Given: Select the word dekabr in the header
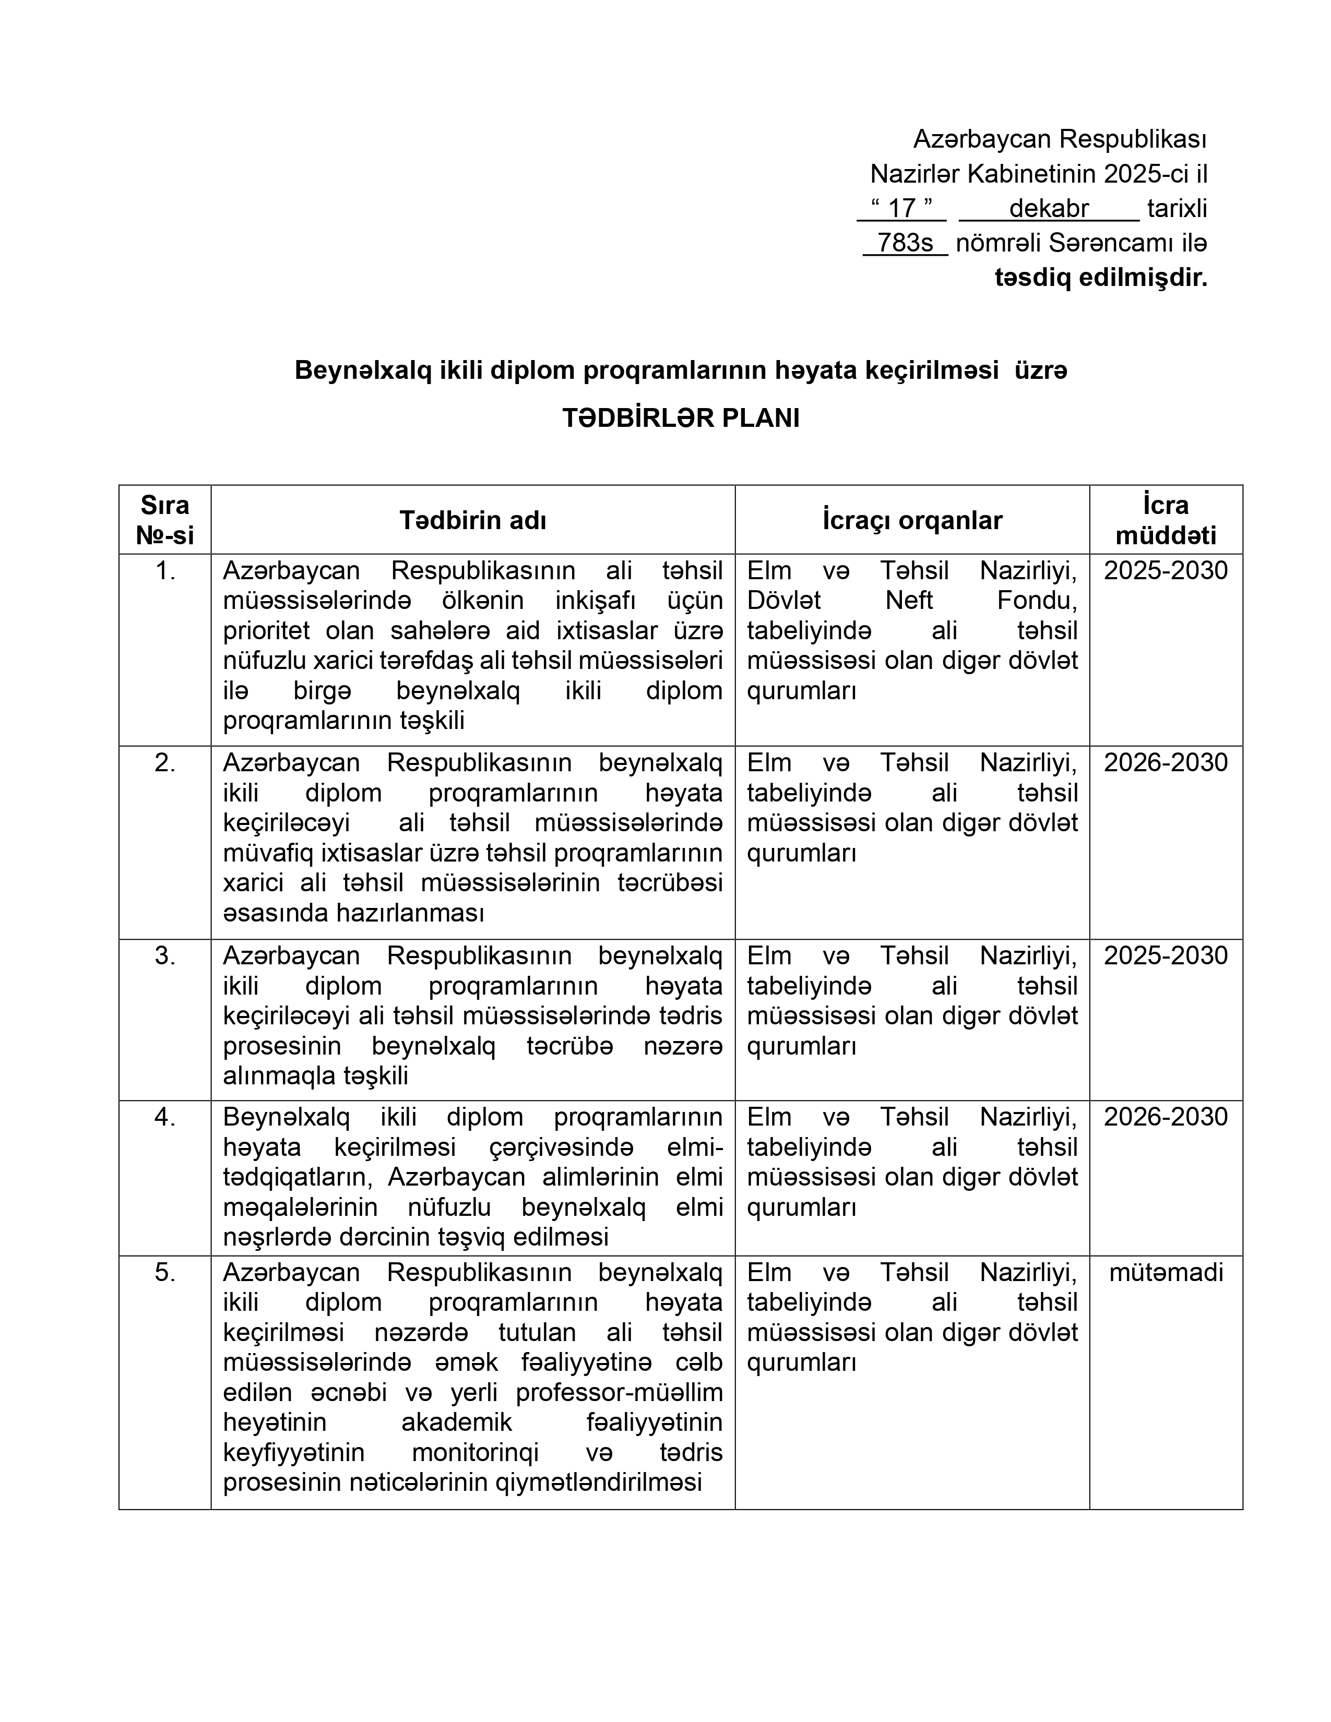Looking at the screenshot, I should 1048,208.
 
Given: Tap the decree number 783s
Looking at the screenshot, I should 905,243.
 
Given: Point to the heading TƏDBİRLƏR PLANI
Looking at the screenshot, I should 681,418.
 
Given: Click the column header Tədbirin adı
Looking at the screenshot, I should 472,520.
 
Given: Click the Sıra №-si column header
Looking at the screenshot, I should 165,520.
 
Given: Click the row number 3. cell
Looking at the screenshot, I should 165,955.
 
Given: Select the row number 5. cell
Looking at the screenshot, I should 165,1273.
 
